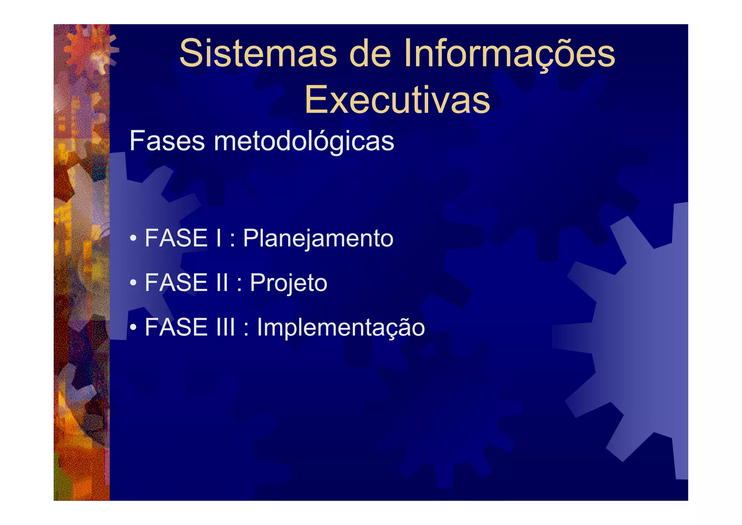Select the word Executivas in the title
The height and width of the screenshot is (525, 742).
397,100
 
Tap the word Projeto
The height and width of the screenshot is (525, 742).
288,283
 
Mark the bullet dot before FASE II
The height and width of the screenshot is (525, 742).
133,283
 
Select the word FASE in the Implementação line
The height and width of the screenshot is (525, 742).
176,327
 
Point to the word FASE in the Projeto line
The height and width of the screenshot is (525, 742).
176,283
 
